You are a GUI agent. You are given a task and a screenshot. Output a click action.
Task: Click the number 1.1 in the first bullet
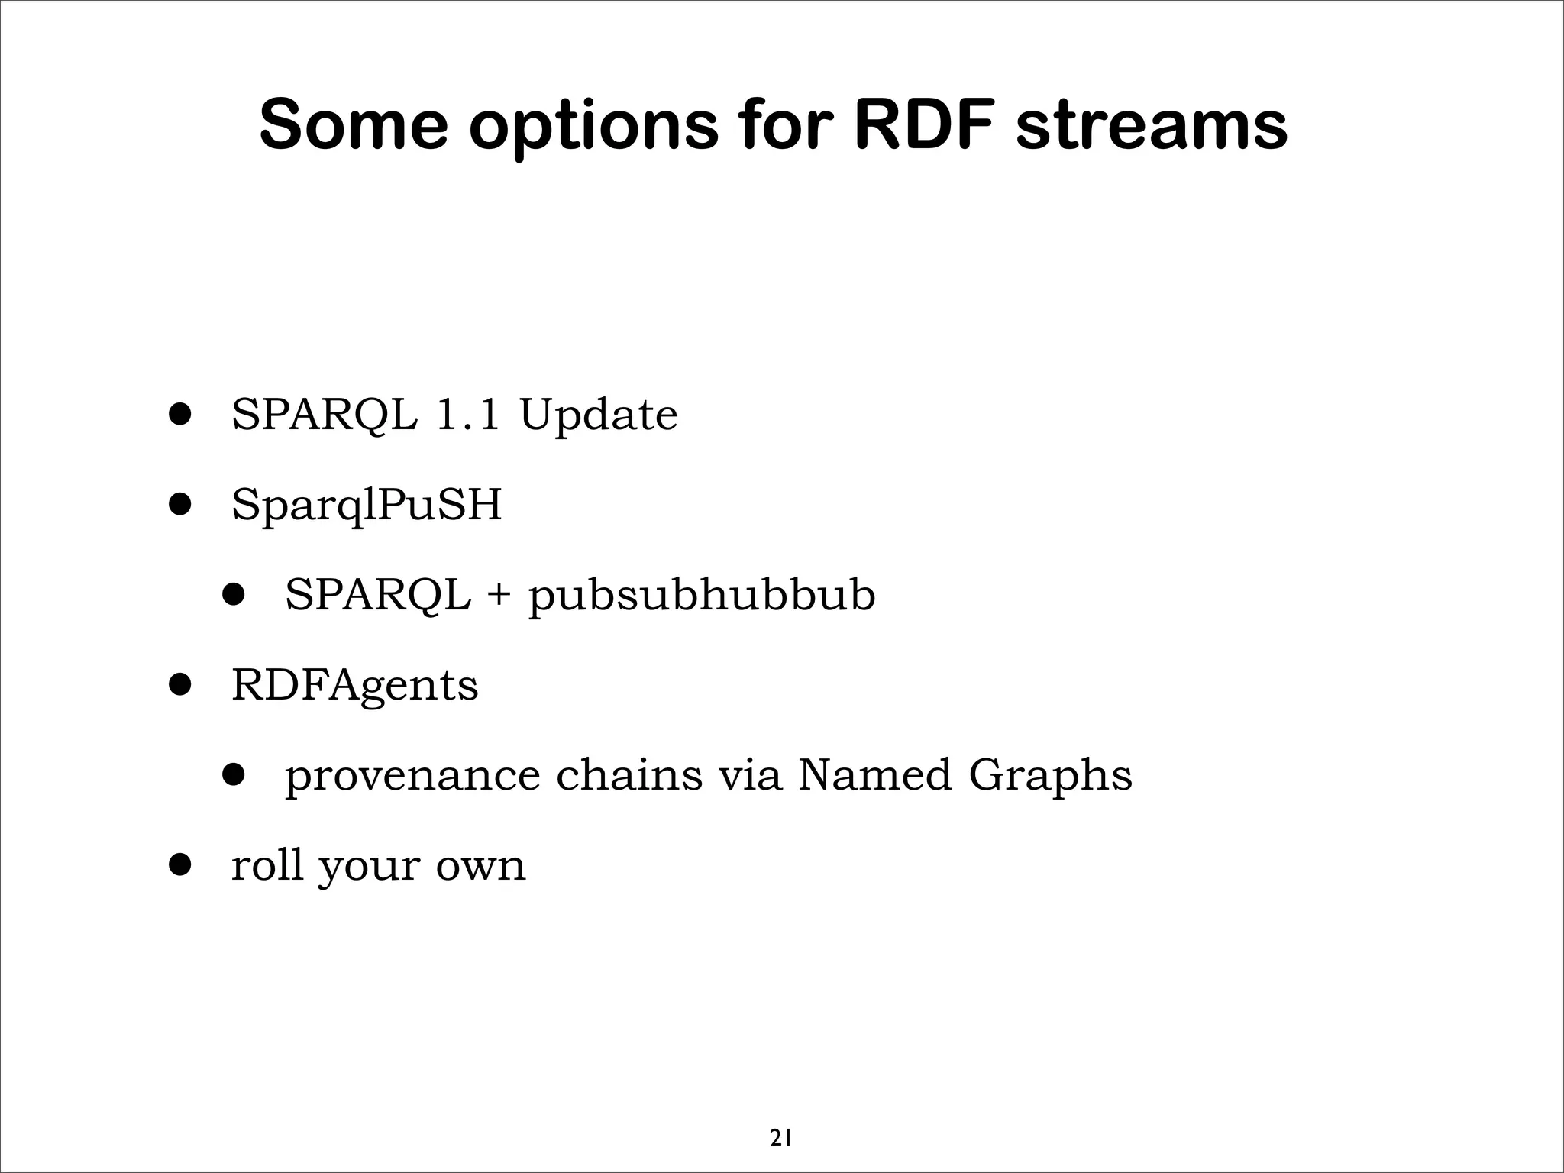tap(467, 415)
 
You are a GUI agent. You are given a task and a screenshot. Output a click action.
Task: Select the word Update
tap(598, 417)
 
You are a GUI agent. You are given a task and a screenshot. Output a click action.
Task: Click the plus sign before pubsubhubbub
tap(499, 596)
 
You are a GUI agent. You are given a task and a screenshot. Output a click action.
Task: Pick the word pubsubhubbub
tap(702, 597)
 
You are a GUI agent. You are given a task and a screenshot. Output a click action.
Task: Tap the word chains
tap(629, 775)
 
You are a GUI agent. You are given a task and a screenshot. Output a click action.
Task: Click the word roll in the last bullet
tap(267, 865)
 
